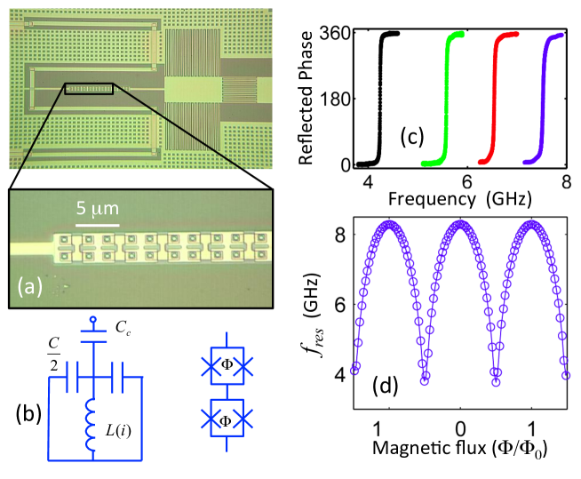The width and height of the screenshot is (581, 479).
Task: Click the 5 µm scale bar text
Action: [x=94, y=209]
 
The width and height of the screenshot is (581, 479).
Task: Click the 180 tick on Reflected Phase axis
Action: [x=340, y=99]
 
